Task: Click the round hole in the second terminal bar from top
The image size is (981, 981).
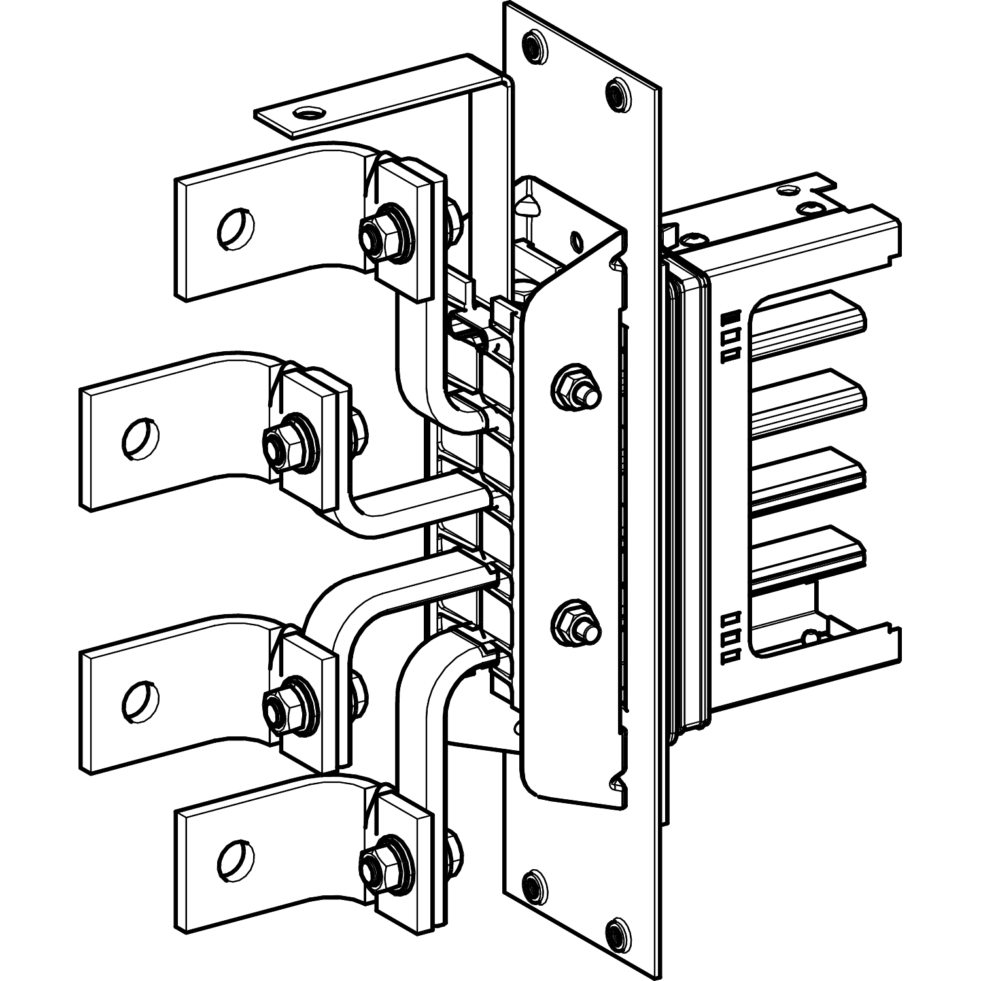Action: pyautogui.click(x=140, y=437)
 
